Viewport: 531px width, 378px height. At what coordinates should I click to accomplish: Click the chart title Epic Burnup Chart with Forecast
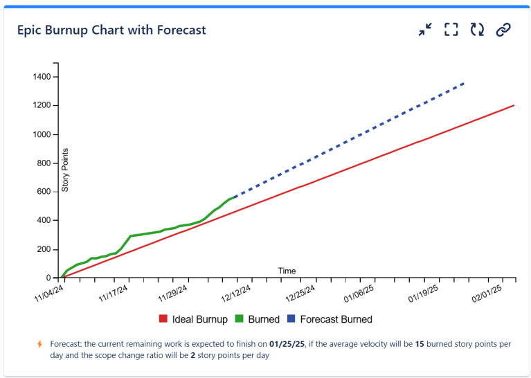click(111, 30)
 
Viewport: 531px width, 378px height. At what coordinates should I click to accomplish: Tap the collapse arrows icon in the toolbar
click(425, 30)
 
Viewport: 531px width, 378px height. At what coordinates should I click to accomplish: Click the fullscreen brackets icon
click(451, 30)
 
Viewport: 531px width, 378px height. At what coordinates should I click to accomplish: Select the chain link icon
click(504, 30)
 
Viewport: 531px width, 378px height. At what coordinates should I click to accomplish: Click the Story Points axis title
click(66, 170)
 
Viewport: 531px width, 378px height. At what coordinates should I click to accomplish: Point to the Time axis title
click(287, 271)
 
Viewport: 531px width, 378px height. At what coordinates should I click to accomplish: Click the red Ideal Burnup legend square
click(163, 320)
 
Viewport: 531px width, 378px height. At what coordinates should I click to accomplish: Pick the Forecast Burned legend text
click(336, 320)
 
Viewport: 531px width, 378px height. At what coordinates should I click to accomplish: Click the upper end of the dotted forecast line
click(464, 83)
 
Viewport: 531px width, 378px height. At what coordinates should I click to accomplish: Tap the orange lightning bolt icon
click(39, 344)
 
